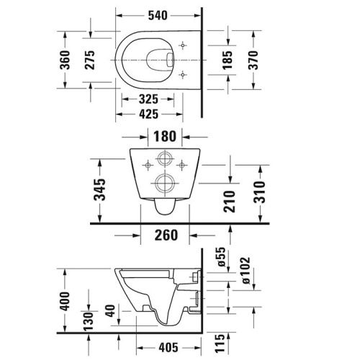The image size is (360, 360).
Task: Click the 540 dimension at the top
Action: coord(160,14)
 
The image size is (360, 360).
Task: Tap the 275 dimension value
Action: coord(89,63)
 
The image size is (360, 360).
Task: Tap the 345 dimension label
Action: coord(100,189)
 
